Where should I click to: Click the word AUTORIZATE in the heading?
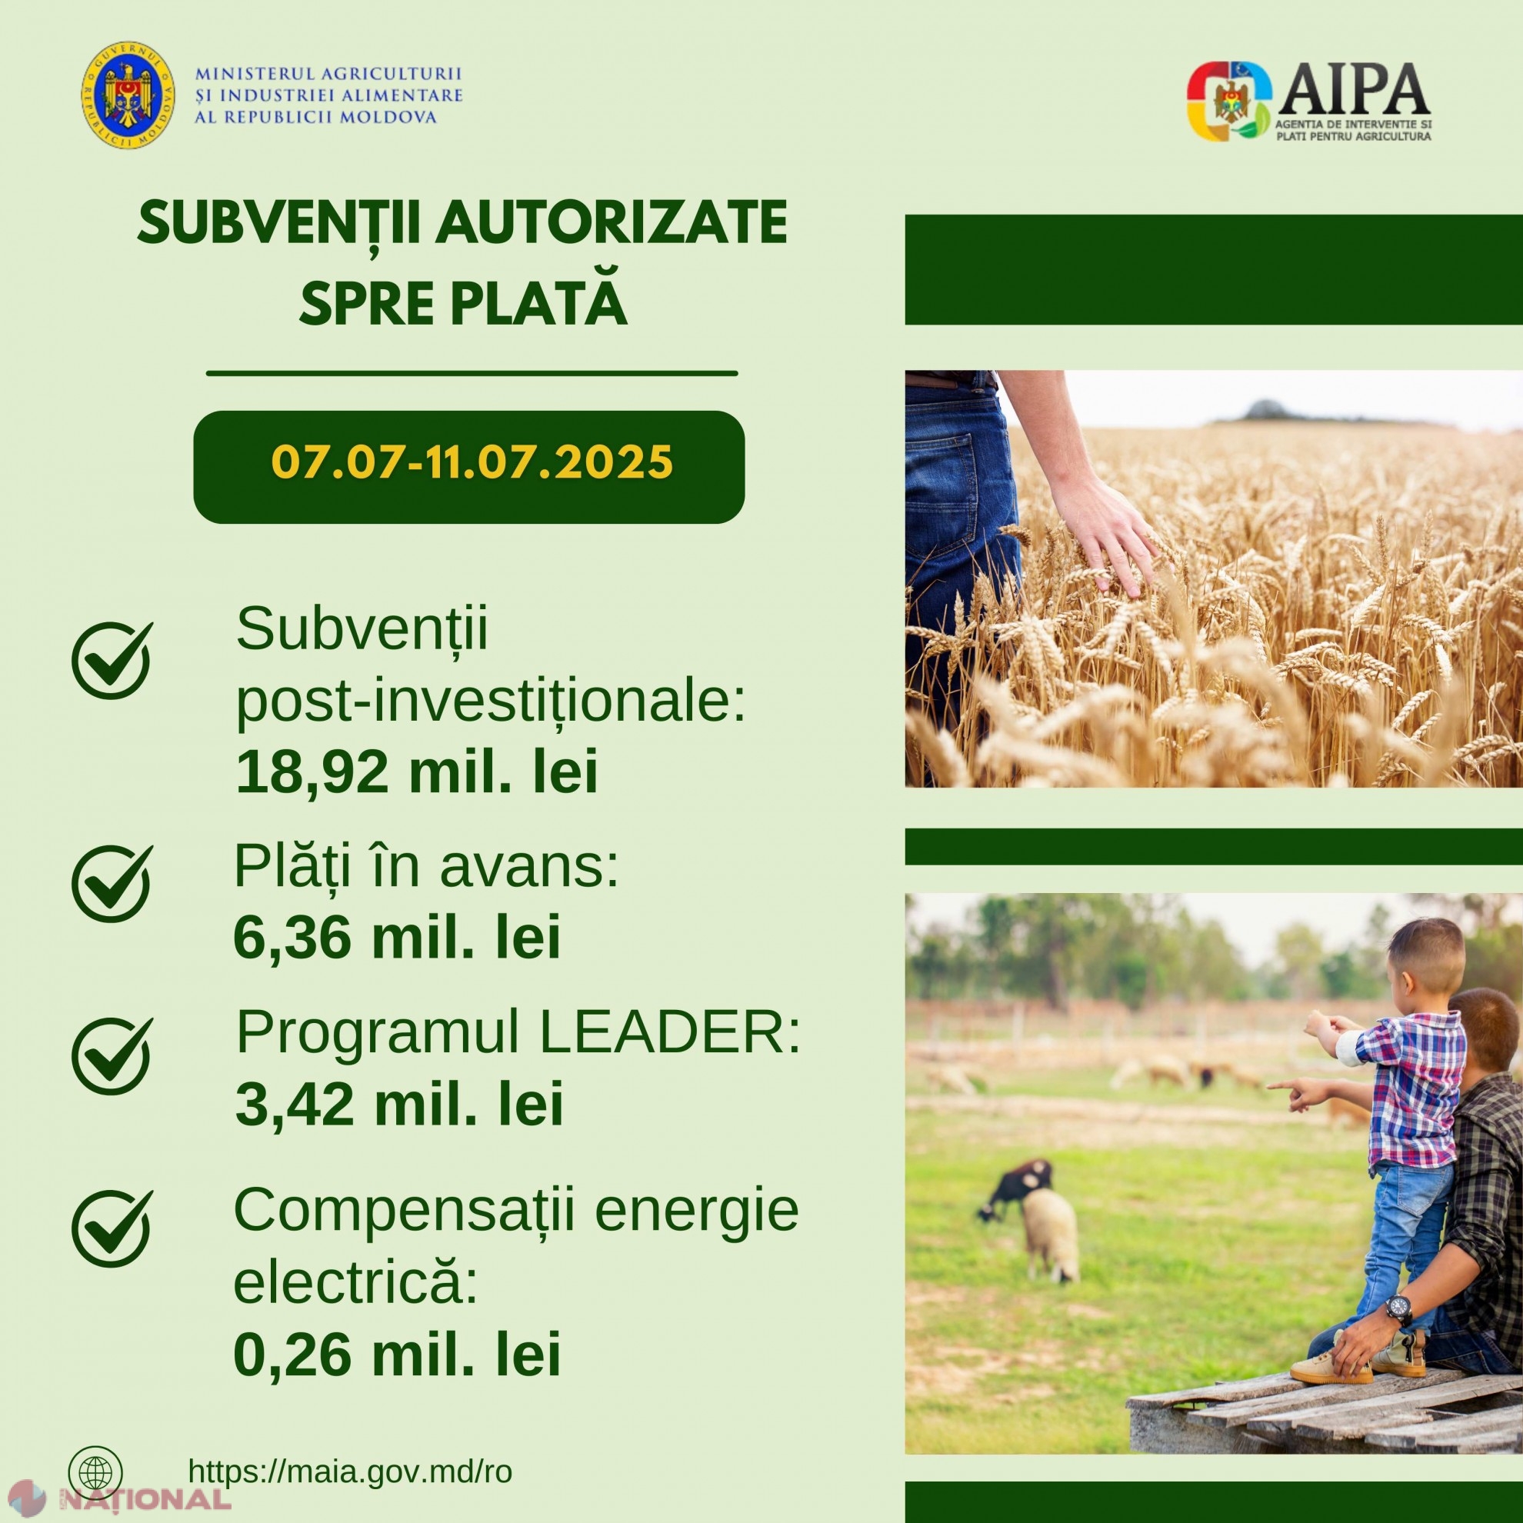click(x=614, y=224)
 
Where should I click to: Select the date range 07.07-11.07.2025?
click(x=472, y=463)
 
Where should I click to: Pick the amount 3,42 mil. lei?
click(x=399, y=1105)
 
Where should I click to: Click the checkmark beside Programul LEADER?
click(x=112, y=1055)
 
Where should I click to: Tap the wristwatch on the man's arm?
click(x=1399, y=1309)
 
